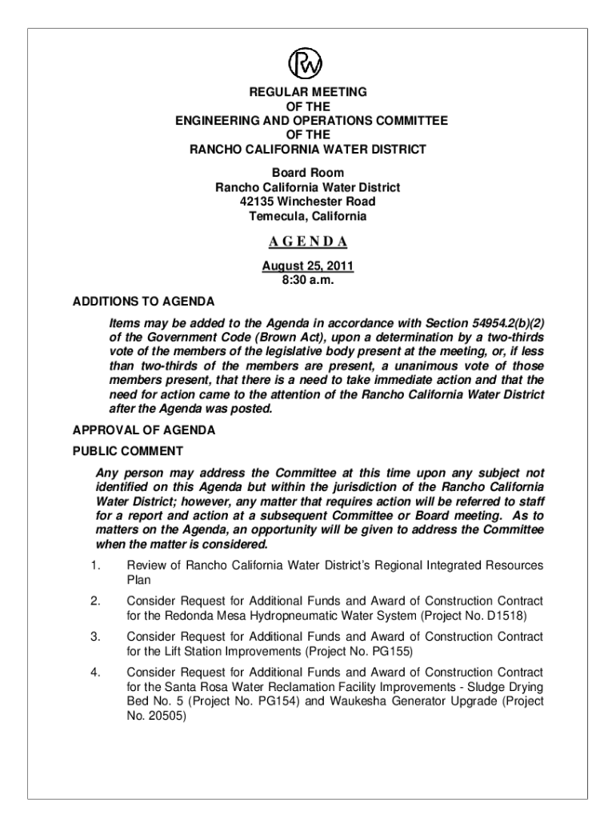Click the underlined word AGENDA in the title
(308, 242)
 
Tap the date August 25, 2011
(308, 266)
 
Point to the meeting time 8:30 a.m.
(308, 281)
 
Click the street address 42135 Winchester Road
(308, 202)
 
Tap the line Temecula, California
(308, 217)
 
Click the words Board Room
(308, 173)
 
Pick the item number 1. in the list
(94, 566)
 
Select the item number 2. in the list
(94, 601)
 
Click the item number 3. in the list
(94, 637)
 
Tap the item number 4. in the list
(94, 672)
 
